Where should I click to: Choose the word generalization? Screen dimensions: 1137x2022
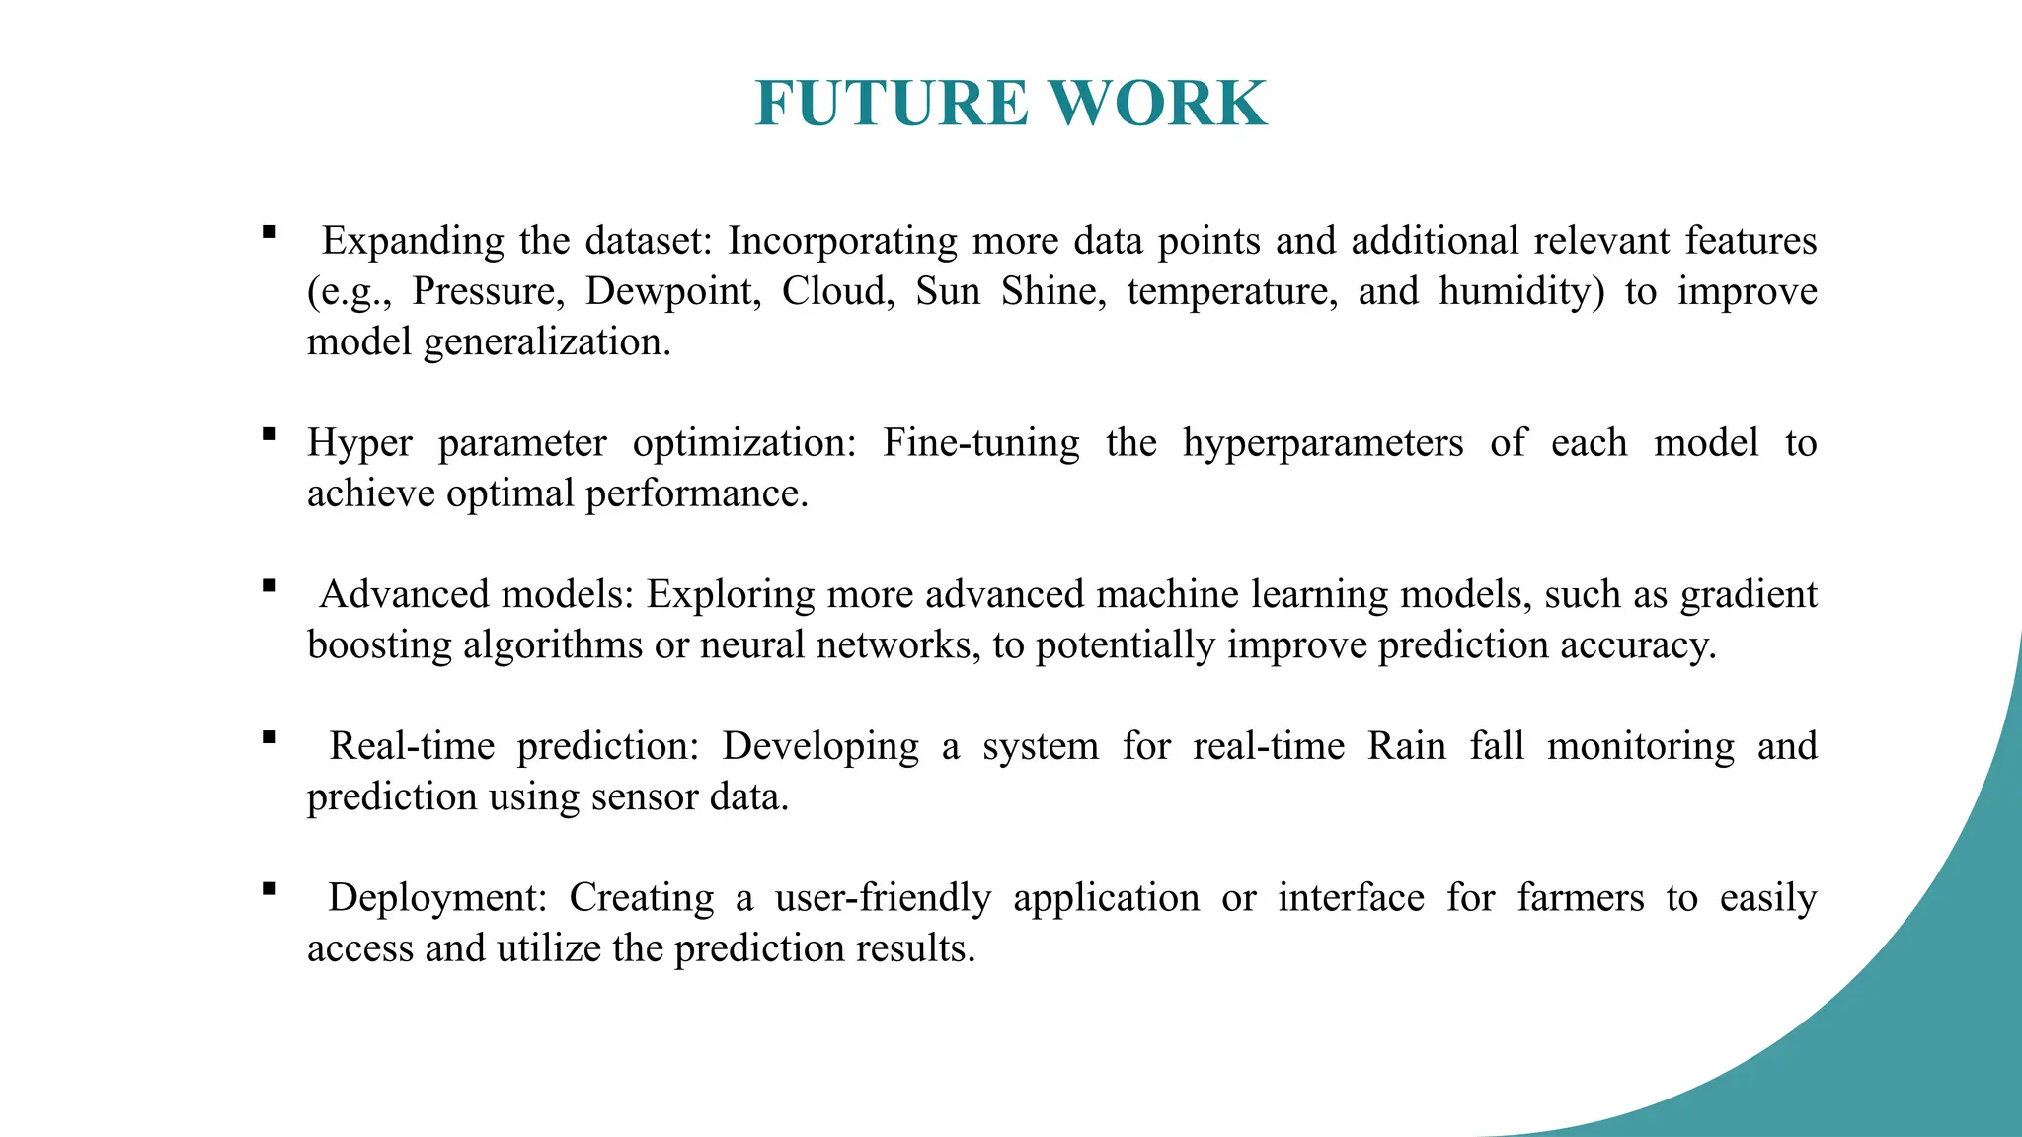[547, 342]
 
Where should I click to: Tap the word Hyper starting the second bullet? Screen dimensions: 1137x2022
[359, 444]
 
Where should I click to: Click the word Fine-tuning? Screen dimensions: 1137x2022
[980, 444]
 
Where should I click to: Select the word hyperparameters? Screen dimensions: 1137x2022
[1323, 444]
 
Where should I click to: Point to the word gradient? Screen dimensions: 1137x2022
[1749, 595]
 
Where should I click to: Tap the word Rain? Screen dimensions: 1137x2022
[1406, 746]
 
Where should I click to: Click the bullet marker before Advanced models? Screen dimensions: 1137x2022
[269, 585]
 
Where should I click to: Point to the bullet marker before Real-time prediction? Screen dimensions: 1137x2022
[269, 736]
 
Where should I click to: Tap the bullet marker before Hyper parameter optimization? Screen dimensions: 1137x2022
[269, 433]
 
